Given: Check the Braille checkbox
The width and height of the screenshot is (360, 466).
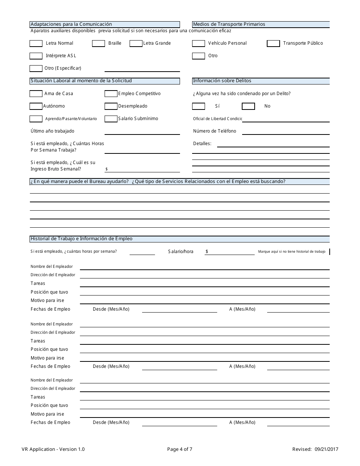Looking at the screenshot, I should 99,44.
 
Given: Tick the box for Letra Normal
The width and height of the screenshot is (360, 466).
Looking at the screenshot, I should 36,44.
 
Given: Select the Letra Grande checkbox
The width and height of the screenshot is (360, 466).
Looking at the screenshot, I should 136,44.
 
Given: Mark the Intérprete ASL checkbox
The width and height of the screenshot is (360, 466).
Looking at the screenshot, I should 36,56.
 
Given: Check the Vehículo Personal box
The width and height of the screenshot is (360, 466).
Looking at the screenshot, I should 199,44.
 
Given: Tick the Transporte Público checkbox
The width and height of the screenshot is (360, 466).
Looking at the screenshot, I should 273,44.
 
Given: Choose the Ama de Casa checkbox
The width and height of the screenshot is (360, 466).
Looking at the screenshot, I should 36,94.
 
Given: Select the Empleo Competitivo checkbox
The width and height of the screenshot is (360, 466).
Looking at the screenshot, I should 111,94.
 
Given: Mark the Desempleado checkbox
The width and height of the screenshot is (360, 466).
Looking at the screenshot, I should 111,106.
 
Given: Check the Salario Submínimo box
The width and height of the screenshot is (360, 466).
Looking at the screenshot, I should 111,119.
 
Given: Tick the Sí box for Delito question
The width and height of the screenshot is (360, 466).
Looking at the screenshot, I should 199,106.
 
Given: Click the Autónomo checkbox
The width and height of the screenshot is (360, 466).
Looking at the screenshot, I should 36,106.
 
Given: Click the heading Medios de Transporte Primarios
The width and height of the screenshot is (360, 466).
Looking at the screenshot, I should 229,24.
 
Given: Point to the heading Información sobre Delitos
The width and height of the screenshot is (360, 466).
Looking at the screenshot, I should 222,81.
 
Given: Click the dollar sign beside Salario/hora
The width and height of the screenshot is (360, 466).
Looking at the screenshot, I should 207,252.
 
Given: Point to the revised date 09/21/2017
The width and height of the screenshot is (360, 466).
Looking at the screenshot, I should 326,449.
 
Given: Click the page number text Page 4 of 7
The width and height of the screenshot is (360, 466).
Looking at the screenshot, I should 180,449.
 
